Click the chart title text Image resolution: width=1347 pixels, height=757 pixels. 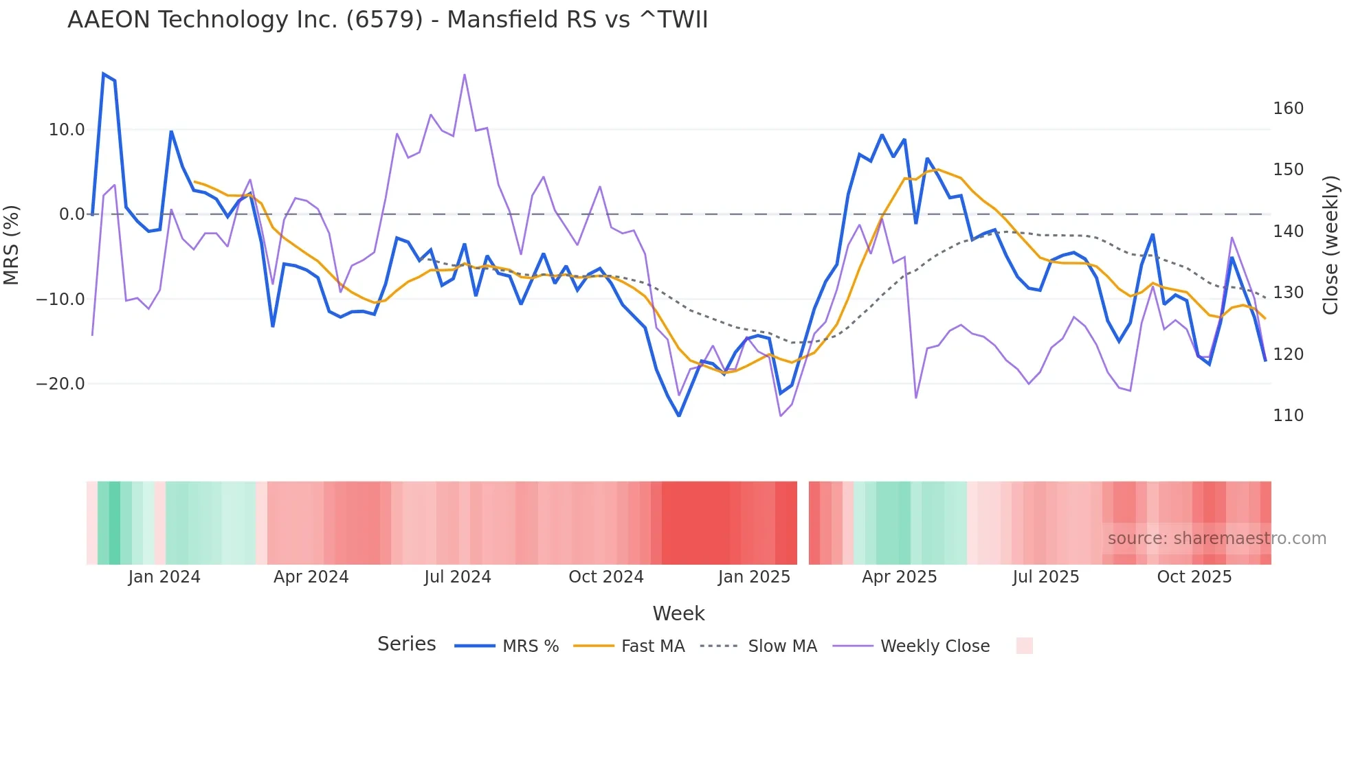coord(388,20)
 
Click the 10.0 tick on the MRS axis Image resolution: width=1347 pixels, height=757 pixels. coord(67,130)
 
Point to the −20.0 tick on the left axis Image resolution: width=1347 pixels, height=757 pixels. coord(60,384)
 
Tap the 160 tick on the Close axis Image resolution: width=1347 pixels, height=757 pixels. coord(1288,109)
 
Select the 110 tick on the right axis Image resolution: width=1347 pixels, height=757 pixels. coord(1288,416)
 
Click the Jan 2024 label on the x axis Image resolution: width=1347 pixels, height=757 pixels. coord(164,577)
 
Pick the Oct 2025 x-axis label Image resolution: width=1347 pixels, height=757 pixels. coord(1194,577)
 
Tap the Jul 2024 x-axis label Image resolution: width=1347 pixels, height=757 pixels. coord(457,577)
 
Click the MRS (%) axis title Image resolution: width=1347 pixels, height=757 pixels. coord(11,245)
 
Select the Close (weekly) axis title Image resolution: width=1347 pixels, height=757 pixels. coord(1331,245)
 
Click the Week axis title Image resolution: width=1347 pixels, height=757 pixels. coord(678,613)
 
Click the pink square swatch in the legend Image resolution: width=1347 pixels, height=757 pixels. coord(1024,646)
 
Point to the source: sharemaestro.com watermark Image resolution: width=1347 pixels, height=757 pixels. coord(1216,539)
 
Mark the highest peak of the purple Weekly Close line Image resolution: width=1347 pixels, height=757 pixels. coord(465,75)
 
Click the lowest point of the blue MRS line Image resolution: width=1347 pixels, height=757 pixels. coord(679,416)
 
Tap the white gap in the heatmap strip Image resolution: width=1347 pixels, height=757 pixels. coord(803,523)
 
